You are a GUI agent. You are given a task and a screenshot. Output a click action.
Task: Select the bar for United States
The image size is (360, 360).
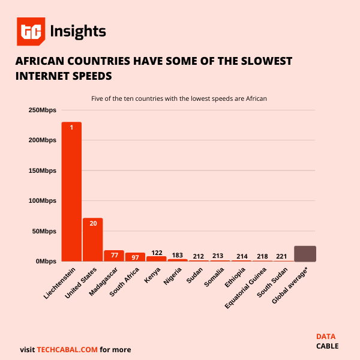point(93,240)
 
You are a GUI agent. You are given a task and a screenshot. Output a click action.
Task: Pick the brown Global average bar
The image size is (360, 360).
point(305,254)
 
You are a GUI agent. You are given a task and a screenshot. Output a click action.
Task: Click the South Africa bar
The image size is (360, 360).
point(135,257)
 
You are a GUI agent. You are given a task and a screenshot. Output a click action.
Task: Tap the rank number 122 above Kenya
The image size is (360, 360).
point(157,253)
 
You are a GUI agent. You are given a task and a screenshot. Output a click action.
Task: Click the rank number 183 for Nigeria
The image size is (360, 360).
point(178,255)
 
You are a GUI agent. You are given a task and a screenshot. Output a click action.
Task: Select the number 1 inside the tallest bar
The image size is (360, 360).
point(71,127)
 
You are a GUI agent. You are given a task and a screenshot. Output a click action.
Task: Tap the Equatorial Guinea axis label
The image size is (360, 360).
point(247,288)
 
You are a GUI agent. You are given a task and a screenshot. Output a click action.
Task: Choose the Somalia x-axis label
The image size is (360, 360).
point(214,280)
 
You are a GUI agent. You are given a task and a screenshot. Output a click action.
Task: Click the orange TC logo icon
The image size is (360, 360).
point(31,32)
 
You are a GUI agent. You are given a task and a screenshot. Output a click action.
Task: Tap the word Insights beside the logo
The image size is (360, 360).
point(78,31)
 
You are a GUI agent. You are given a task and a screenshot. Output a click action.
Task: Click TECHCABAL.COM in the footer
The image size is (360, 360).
point(67,349)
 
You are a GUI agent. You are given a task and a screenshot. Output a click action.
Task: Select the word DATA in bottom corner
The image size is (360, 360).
point(326,336)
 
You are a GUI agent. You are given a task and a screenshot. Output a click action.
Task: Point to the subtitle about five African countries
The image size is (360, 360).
point(179,98)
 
